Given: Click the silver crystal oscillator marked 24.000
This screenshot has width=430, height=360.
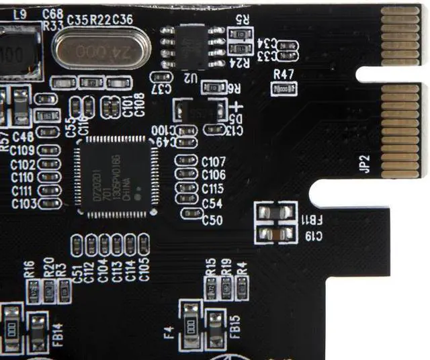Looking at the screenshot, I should [x=99, y=50].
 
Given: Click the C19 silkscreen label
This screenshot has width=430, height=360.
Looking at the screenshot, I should [x=314, y=236].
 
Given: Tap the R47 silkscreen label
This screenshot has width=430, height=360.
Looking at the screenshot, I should [x=284, y=74].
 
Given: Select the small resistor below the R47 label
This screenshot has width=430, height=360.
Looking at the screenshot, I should [x=284, y=89].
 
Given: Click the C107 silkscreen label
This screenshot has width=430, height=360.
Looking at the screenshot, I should [x=213, y=162].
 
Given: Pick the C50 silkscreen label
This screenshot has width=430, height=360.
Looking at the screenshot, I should [x=212, y=220].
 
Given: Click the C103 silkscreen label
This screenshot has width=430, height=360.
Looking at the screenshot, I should [x=24, y=204].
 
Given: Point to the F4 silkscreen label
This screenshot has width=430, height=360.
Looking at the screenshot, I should [x=168, y=330].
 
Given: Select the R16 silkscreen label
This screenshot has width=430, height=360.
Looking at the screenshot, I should [x=29, y=269].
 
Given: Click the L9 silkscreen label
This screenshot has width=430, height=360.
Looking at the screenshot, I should [x=20, y=13].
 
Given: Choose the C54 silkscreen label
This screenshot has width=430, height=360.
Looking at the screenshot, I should [x=212, y=203].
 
